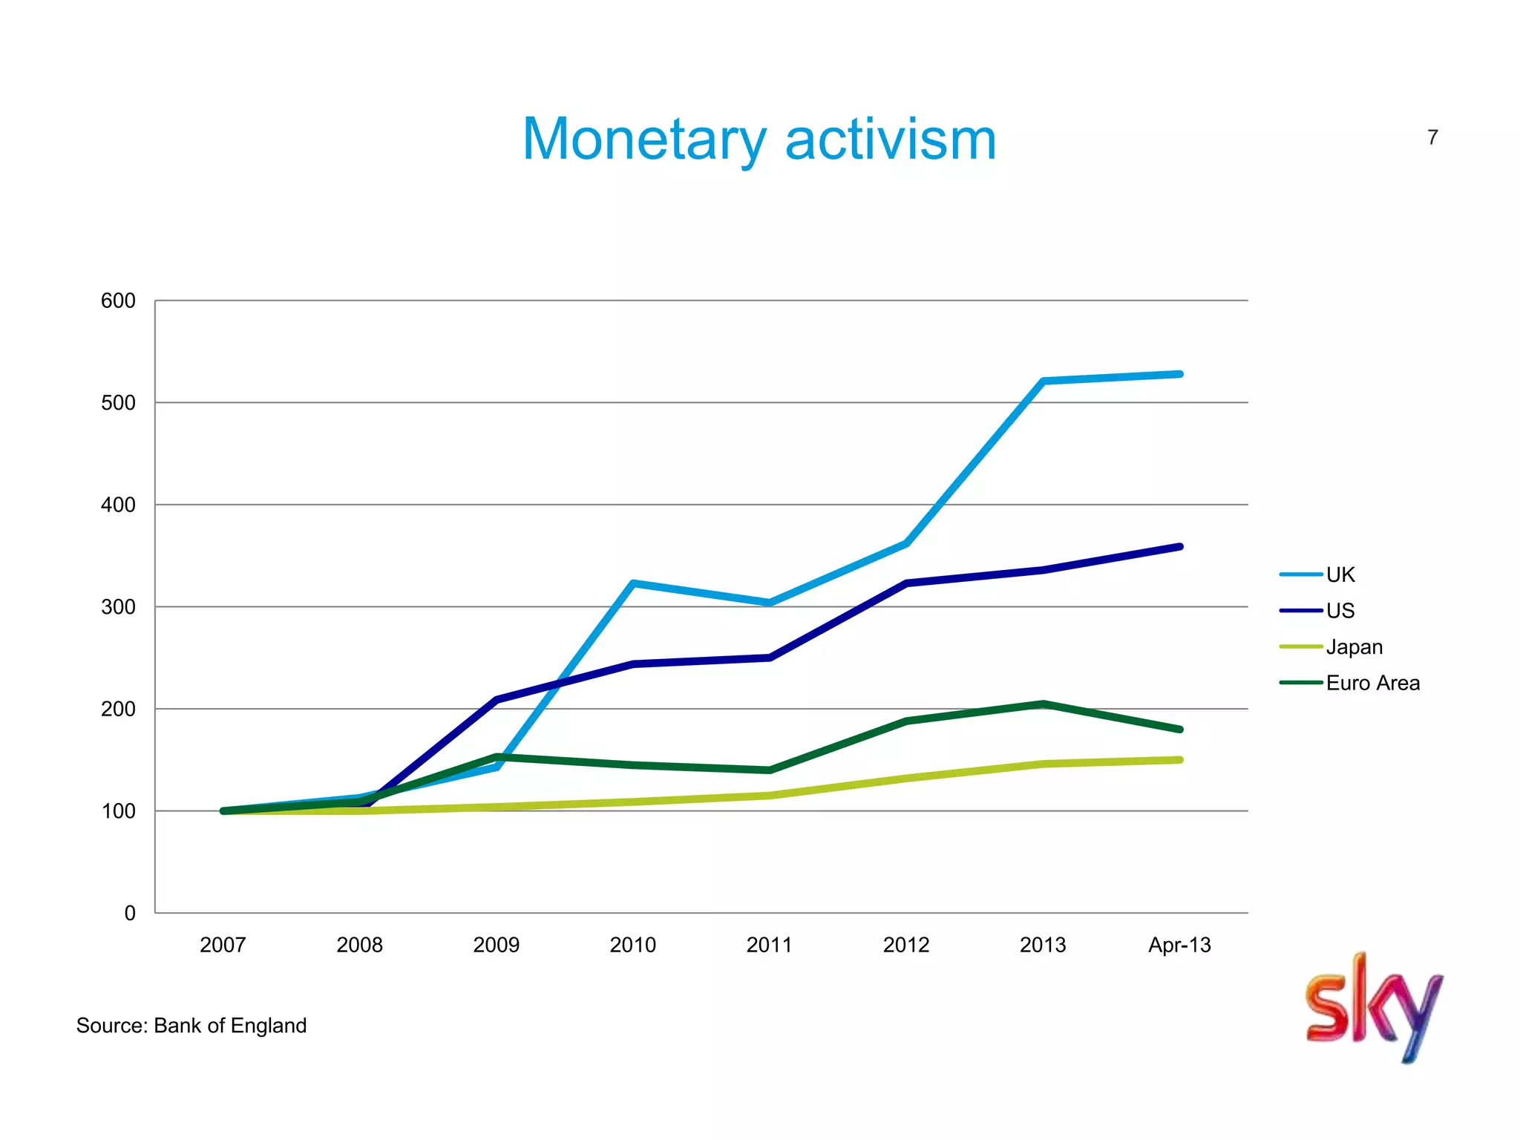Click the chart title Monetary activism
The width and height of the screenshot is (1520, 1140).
(759, 140)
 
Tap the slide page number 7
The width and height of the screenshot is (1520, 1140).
(1432, 137)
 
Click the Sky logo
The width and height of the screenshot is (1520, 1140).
(1373, 1008)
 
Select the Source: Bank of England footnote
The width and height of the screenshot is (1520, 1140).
(191, 1026)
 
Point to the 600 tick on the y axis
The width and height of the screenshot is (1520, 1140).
(118, 301)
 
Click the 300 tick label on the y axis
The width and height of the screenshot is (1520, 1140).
(118, 607)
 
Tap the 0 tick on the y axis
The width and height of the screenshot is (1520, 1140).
(130, 913)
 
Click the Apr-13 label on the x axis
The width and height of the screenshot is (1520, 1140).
(1179, 945)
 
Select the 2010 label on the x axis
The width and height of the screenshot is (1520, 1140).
(632, 945)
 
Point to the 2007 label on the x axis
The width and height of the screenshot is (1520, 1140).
(223, 945)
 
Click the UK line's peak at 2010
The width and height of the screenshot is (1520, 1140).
(633, 583)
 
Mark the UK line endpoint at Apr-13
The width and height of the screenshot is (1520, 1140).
(1179, 374)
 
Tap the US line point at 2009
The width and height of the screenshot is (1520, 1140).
(497, 699)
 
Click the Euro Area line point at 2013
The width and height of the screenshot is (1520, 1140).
(1043, 704)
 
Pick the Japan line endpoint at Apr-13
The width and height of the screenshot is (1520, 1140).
(1179, 760)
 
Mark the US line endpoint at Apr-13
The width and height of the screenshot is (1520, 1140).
(1179, 547)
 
